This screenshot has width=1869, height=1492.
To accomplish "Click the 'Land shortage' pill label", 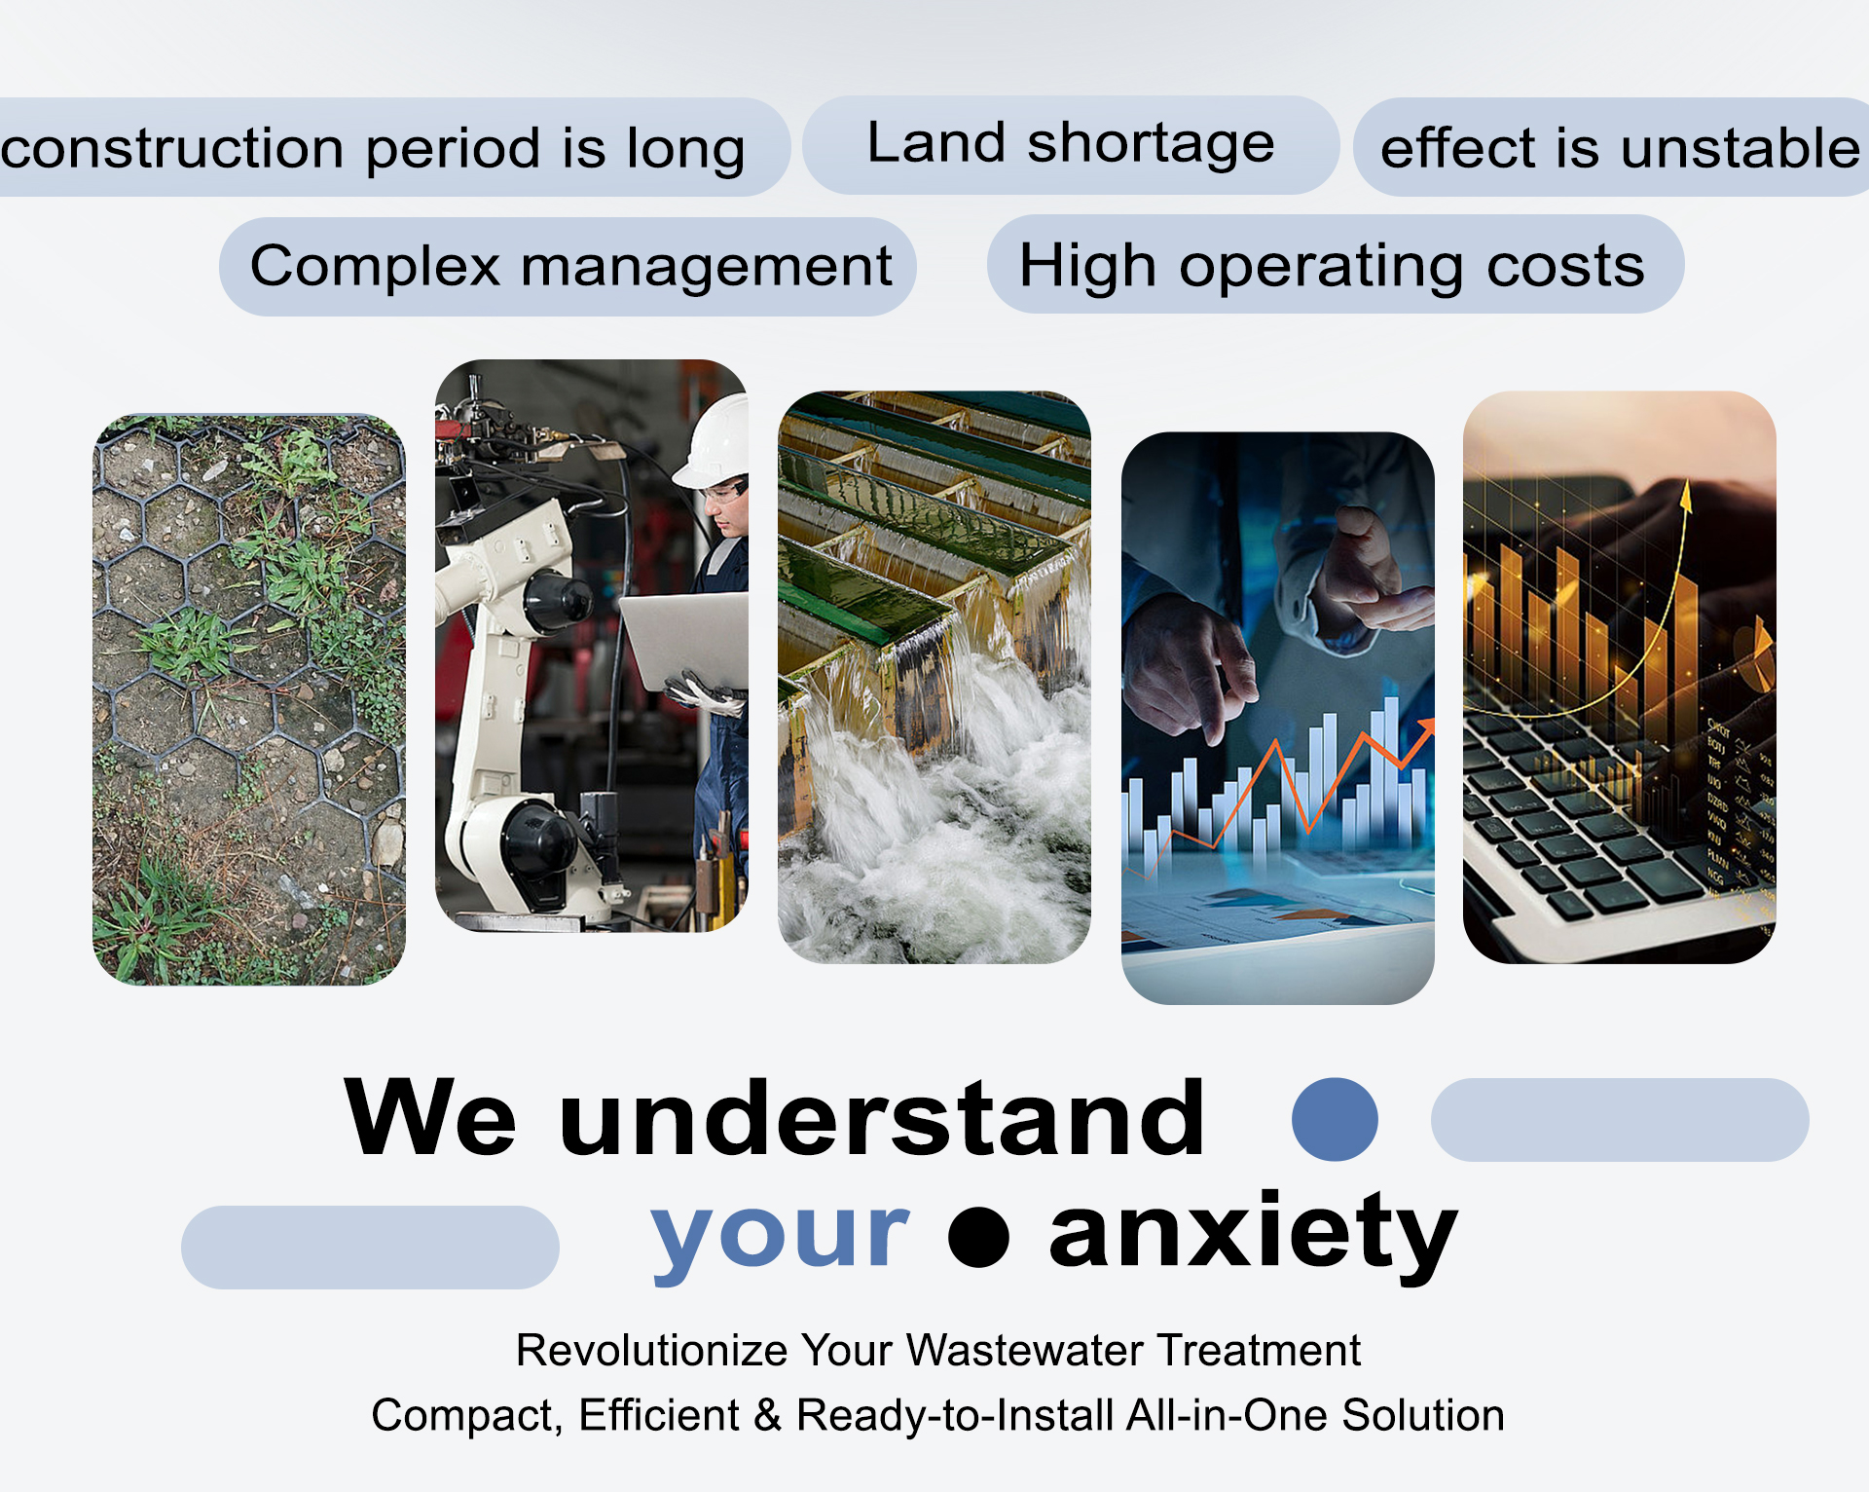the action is coord(1071,144).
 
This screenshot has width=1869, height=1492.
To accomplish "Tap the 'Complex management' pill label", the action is coord(569,266).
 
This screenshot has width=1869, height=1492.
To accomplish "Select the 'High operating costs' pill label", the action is coord(1334,265).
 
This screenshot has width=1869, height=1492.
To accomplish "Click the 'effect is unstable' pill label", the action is coord(1616,147).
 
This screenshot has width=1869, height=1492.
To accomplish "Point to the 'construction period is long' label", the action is coord(375,148).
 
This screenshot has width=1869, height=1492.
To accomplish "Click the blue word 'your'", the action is coord(781,1235).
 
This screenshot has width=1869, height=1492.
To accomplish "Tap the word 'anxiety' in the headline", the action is coord(1253,1232).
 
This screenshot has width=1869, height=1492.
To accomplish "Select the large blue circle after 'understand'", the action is coord(1335,1119).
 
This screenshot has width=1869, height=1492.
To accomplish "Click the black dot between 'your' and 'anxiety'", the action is coord(978,1237).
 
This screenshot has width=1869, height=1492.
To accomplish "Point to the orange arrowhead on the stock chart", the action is coord(1426,727).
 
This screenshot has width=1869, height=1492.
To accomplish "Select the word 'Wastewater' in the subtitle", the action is coord(1025,1351).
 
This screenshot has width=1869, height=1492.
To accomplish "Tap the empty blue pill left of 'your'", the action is coord(370,1248).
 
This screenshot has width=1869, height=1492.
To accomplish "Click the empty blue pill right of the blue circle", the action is coord(1620,1119).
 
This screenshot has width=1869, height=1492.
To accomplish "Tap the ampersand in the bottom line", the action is coord(768,1415).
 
